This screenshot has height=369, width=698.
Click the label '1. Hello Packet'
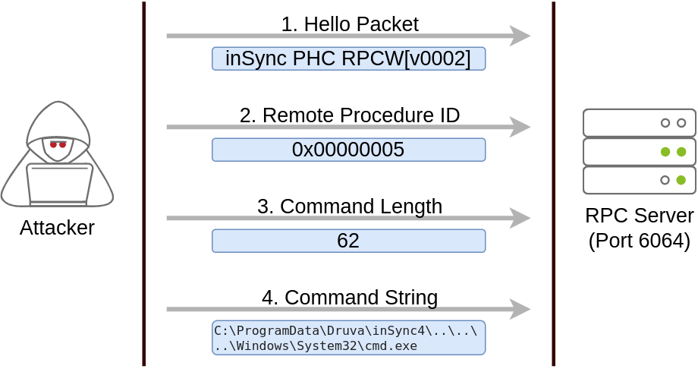[350, 24]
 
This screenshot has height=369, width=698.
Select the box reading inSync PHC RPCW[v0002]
[348, 58]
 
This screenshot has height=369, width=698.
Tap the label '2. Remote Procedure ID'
[350, 115]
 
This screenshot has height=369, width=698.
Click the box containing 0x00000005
[348, 150]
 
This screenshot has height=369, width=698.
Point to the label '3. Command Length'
[350, 207]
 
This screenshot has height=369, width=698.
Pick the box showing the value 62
[348, 241]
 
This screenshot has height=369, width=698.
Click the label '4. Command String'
[350, 298]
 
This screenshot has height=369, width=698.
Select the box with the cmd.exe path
[348, 338]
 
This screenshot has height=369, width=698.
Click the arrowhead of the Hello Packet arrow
[520, 36]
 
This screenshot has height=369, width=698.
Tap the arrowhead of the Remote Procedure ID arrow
[520, 127]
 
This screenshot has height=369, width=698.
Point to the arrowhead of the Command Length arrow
[520, 218]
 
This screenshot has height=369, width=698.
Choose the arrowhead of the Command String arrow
[520, 309]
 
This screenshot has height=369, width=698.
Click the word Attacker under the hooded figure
[57, 228]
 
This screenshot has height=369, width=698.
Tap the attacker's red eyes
[58, 144]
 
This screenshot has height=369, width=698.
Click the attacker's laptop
[59, 184]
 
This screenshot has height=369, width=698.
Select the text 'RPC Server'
[640, 216]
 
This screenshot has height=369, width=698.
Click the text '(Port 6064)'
[640, 241]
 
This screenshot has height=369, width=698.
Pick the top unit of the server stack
[640, 122]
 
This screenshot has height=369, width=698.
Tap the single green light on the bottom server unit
[681, 180]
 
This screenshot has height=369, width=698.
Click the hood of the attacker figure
[58, 117]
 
